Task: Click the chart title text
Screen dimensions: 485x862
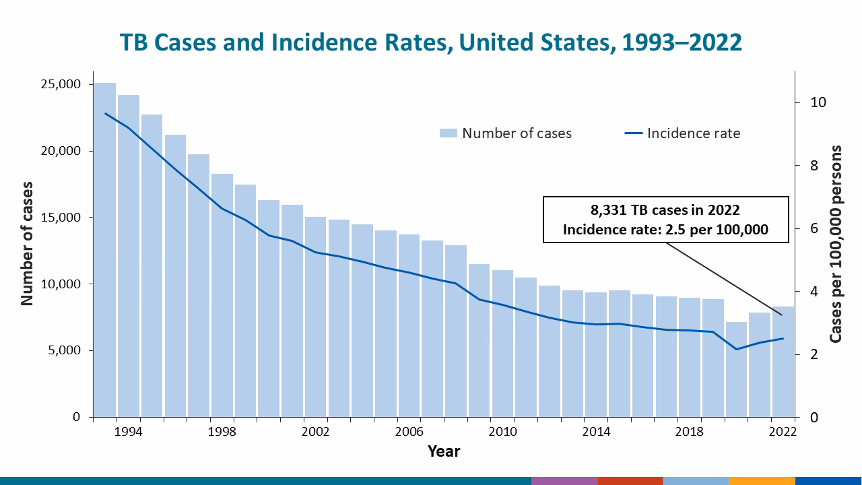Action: coord(431,42)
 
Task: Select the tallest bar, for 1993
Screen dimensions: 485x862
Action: coord(104,249)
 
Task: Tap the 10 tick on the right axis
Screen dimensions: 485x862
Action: coord(818,103)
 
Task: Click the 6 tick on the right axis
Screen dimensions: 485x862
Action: coord(814,229)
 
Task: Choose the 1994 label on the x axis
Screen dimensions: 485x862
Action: coord(128,431)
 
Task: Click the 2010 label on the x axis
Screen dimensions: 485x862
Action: coord(502,431)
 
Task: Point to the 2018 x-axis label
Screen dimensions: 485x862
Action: coord(690,431)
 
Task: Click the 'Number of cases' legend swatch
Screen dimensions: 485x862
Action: coord(448,133)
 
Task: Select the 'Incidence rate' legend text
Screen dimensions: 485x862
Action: coord(693,133)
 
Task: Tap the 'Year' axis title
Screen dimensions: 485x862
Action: coord(444,451)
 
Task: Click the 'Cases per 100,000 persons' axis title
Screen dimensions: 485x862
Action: coord(836,244)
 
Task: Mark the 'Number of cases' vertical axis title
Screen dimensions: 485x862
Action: coord(27,243)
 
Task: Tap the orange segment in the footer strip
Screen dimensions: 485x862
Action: coord(762,480)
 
